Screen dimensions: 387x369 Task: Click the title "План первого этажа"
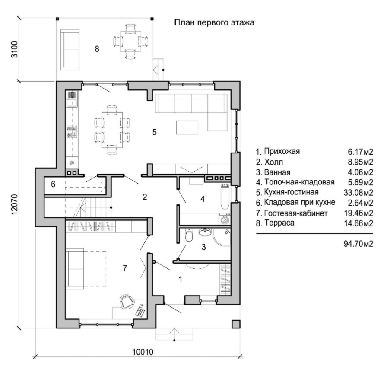point(214,22)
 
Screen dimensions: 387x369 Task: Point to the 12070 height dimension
point(14,201)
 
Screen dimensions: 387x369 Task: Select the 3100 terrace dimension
point(14,50)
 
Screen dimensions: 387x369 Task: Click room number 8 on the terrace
point(97,49)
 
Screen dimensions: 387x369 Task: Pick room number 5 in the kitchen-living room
point(154,132)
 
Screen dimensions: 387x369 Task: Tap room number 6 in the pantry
point(53,184)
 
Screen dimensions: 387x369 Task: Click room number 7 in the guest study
point(124,268)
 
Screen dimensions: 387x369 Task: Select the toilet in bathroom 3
point(188,236)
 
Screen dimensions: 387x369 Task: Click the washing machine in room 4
point(225,219)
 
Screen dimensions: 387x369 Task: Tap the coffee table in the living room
point(187,127)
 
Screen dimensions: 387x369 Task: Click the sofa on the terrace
point(69,50)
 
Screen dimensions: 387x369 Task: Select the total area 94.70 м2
point(358,244)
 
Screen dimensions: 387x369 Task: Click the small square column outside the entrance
point(235,324)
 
